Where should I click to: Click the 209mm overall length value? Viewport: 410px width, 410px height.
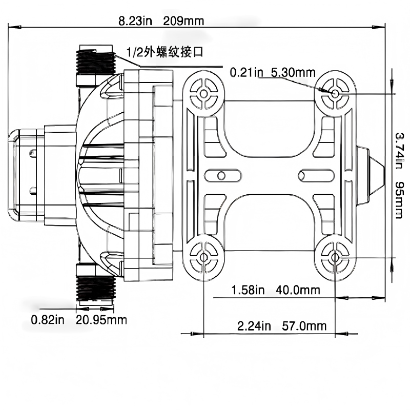tap(184, 21)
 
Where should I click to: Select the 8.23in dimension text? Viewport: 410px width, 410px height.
tap(135, 21)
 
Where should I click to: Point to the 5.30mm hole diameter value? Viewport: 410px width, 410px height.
tap(293, 72)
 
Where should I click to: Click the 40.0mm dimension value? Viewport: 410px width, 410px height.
tap(298, 290)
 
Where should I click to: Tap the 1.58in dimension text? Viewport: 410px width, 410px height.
tap(248, 290)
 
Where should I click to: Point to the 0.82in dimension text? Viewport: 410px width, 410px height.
tap(48, 320)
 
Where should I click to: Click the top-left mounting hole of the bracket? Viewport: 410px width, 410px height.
tap(204, 94)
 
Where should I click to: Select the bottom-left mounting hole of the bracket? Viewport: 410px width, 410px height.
tap(204, 256)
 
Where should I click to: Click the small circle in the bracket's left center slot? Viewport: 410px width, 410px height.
tap(221, 175)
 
